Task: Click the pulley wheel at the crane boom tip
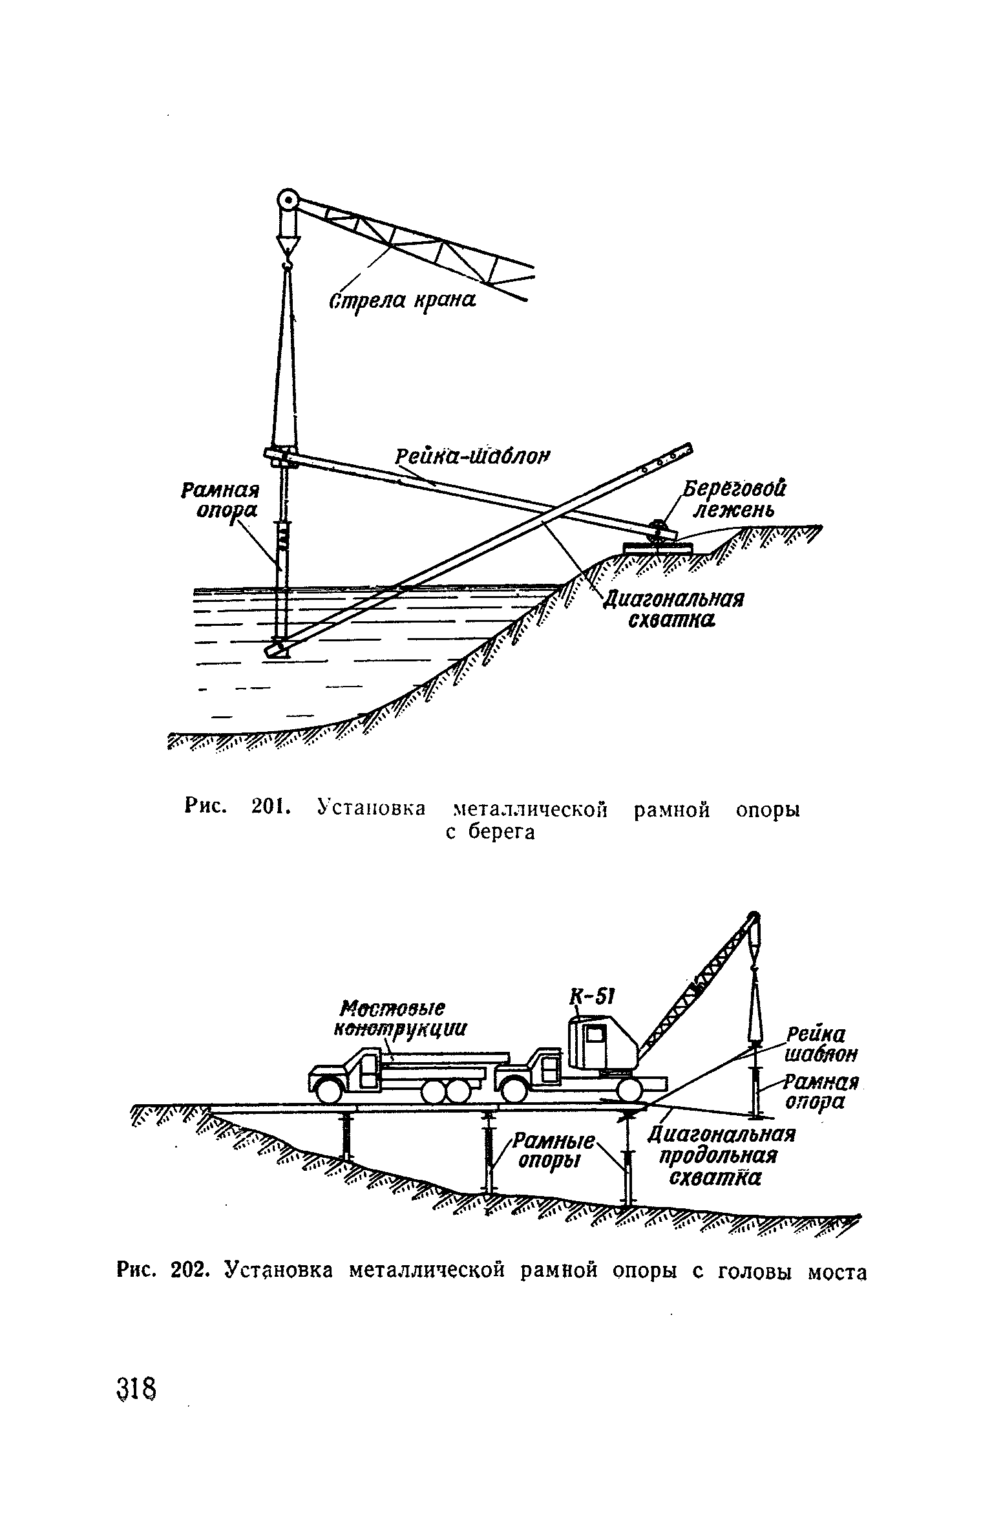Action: pos(286,200)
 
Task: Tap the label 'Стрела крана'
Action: pos(403,301)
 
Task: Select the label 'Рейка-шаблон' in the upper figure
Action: pos(472,457)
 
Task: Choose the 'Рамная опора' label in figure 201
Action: pos(219,499)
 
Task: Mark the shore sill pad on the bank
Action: pos(657,547)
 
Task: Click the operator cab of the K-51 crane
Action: pos(598,1047)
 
